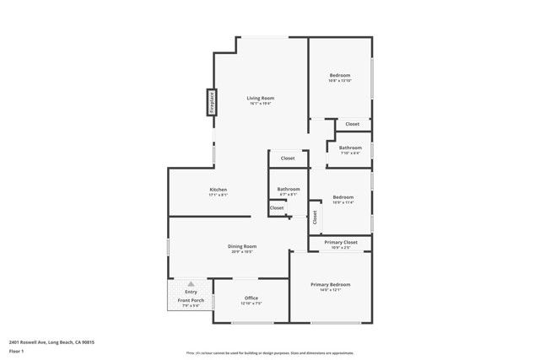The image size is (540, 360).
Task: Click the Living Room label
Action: click(x=260, y=99)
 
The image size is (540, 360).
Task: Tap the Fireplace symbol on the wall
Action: click(x=212, y=103)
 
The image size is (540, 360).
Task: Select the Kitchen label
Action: click(x=219, y=190)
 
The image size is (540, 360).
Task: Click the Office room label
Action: click(x=251, y=298)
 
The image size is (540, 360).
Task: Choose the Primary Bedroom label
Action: click(x=330, y=285)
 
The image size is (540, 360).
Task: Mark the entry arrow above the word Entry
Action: click(x=191, y=285)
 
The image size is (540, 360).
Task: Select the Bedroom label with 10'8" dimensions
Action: click(x=339, y=76)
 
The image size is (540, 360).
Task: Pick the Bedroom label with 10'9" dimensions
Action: click(x=343, y=197)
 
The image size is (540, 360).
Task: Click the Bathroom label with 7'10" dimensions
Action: click(x=350, y=148)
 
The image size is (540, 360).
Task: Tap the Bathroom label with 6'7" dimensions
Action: click(x=289, y=189)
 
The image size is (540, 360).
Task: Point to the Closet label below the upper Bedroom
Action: click(x=352, y=124)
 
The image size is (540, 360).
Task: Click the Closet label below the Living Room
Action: click(x=288, y=158)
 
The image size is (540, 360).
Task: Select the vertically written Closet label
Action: click(x=314, y=218)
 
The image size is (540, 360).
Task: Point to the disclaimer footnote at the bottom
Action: click(x=270, y=353)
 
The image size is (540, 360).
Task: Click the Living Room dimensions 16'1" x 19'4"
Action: click(x=260, y=104)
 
